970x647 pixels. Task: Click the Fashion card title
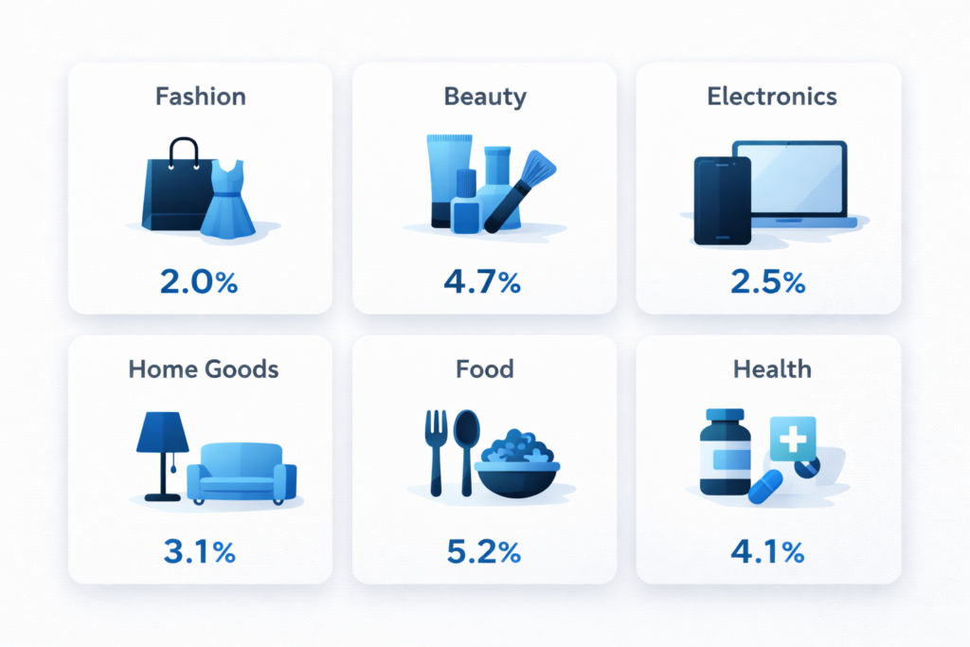[200, 97]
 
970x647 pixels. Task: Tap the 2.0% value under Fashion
[200, 281]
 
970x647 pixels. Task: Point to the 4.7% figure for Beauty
[484, 281]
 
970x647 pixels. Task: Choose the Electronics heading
[772, 97]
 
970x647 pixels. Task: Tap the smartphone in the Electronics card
[722, 199]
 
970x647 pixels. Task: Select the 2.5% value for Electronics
[768, 281]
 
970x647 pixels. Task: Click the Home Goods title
[204, 368]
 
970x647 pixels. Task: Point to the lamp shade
[163, 435]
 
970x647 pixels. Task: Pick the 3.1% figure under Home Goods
[199, 553]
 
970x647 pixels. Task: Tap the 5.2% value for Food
[484, 553]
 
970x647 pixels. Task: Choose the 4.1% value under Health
[768, 553]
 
